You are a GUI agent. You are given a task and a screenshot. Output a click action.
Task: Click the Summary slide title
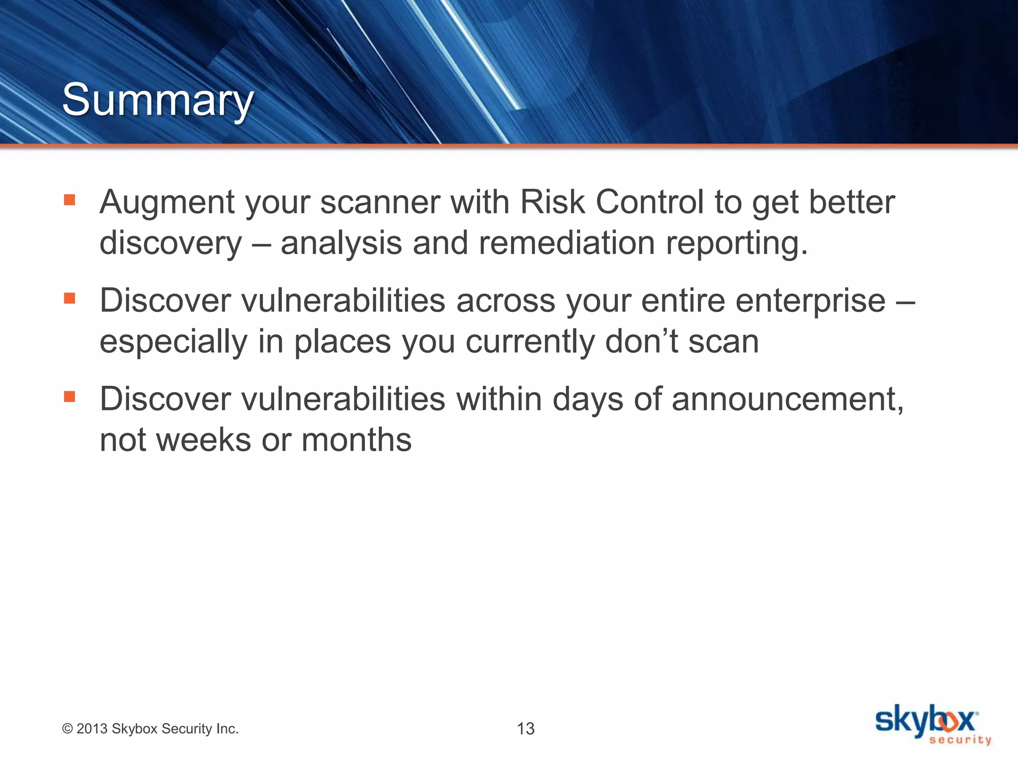[158, 100]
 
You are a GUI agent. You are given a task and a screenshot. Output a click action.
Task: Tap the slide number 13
[525, 729]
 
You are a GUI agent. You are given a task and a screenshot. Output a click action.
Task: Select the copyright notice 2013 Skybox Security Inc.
[150, 729]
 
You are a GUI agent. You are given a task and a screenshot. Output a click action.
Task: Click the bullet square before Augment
[70, 200]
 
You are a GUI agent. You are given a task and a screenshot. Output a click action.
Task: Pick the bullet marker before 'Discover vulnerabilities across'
[70, 298]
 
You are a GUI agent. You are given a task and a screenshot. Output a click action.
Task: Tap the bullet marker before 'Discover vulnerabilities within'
[70, 396]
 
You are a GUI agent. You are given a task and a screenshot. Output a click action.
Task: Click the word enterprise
[810, 301]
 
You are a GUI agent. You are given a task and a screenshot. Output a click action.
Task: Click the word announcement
[787, 399]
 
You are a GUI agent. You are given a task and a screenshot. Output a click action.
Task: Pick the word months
[356, 440]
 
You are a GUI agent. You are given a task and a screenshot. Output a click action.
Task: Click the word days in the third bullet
[588, 399]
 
